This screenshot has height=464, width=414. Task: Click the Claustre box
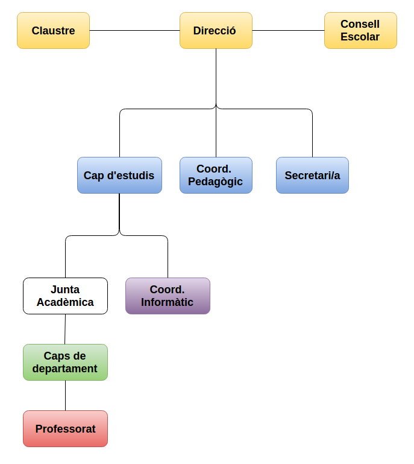[x=53, y=31]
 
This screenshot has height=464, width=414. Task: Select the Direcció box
[x=216, y=31]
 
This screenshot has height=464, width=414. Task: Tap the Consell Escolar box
[x=360, y=31]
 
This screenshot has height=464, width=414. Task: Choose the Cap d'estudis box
[x=119, y=176]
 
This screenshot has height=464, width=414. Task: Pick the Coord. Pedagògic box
[x=216, y=176]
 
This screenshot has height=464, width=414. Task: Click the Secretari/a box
[x=312, y=176]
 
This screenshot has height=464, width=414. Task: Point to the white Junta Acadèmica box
[x=65, y=296]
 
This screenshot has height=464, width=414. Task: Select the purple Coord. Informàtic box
[x=168, y=296]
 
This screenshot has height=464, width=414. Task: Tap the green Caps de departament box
[x=65, y=363]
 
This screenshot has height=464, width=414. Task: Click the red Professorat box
[x=65, y=429]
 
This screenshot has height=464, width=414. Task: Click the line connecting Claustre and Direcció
[x=134, y=31]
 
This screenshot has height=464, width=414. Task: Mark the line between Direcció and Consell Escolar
[x=288, y=31]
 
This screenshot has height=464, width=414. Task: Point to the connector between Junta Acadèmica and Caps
[x=65, y=329]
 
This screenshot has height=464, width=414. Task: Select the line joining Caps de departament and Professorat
[x=65, y=396]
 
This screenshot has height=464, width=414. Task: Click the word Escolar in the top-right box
[x=360, y=37]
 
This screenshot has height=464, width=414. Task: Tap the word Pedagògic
[x=216, y=182]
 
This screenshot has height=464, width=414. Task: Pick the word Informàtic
[x=168, y=302]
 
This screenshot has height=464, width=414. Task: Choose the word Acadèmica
[x=65, y=302]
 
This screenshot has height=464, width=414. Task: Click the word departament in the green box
[x=65, y=369]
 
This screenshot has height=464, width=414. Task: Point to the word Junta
[x=65, y=290]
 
